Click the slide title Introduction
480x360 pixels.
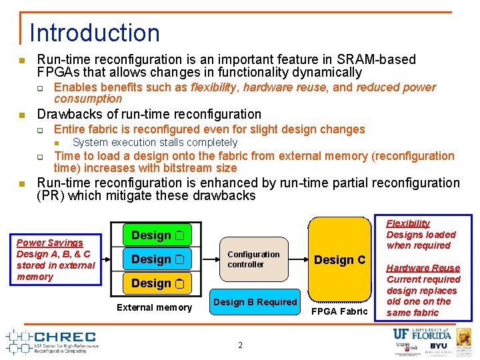click(x=95, y=33)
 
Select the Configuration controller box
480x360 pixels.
click(x=254, y=259)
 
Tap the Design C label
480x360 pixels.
click(x=339, y=260)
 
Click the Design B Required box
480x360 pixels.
click(x=255, y=302)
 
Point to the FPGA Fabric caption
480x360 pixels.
click(x=339, y=311)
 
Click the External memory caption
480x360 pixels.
click(x=154, y=307)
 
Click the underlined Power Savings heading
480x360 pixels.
click(x=50, y=243)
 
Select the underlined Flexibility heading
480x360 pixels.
click(x=408, y=223)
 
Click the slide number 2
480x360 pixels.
click(x=240, y=345)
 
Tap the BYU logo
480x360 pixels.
click(x=438, y=347)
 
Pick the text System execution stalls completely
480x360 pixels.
click(x=155, y=142)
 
